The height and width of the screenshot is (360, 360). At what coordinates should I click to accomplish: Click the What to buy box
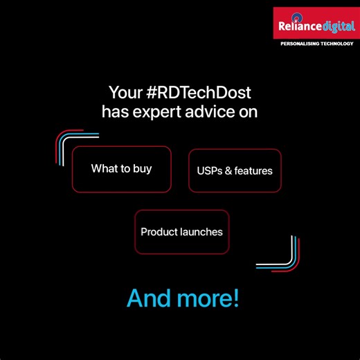(x=121, y=169)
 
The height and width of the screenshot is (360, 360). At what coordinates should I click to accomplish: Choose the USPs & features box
(x=235, y=170)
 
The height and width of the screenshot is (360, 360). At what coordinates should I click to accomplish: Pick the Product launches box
(x=181, y=232)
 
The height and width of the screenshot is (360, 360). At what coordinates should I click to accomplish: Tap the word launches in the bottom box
(x=202, y=232)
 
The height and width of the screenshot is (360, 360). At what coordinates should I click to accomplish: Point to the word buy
(x=143, y=169)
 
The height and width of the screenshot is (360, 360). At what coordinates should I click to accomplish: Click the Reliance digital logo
(x=314, y=24)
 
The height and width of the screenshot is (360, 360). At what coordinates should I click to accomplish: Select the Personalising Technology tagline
(x=314, y=44)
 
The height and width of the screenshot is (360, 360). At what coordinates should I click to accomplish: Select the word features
(x=253, y=170)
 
